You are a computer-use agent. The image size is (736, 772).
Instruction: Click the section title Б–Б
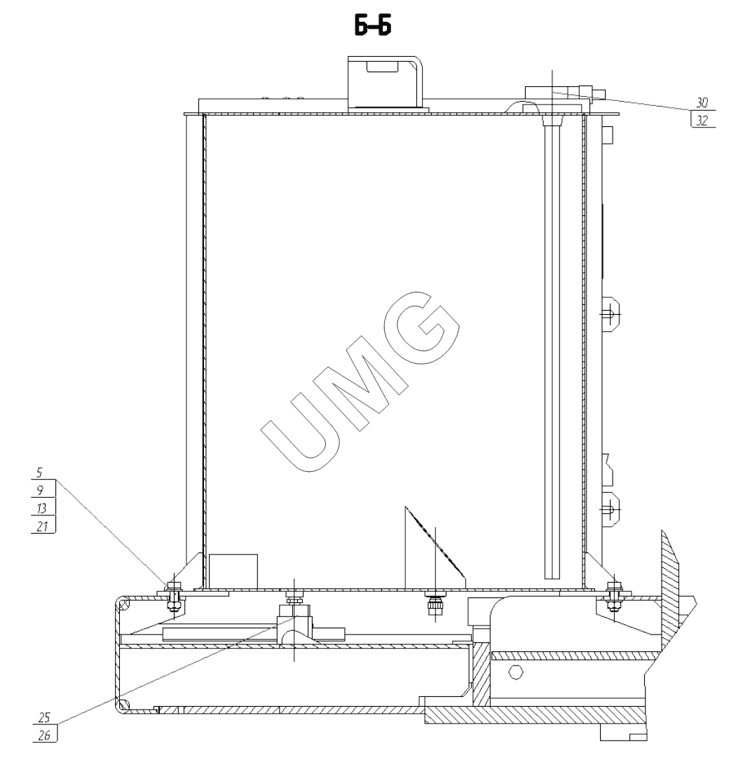tap(373, 26)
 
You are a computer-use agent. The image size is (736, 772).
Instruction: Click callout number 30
tap(702, 102)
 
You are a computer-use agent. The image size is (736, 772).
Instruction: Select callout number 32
tap(702, 120)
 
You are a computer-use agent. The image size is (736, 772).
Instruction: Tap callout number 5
tap(39, 473)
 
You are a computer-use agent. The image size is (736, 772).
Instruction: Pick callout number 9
tap(41, 490)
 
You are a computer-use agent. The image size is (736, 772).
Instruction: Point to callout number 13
tap(41, 508)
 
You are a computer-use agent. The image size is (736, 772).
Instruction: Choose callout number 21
tap(42, 526)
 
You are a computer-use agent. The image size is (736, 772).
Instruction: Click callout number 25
tap(44, 717)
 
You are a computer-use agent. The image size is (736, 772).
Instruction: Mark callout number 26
tap(44, 736)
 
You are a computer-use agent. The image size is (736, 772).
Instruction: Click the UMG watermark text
tap(360, 381)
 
